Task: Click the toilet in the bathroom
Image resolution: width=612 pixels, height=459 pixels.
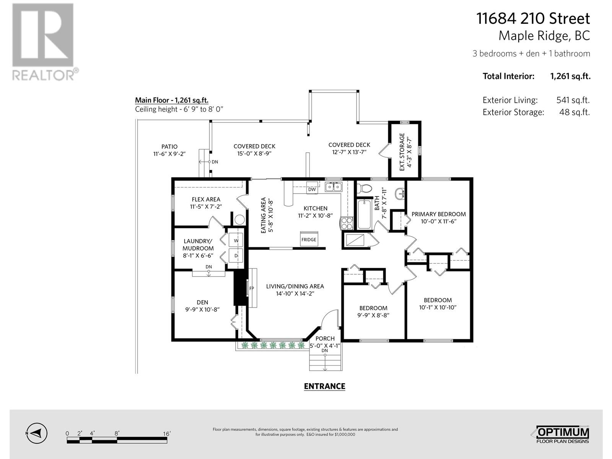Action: (364, 189)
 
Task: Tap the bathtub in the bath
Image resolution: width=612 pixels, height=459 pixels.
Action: (365, 214)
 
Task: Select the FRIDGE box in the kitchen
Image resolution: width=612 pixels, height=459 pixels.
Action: (309, 239)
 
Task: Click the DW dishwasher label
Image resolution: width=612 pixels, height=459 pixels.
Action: (312, 189)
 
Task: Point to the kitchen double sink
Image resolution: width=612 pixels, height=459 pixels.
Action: (334, 186)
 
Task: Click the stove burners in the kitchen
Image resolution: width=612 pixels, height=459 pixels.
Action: (347, 223)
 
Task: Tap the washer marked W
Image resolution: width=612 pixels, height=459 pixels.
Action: (236, 240)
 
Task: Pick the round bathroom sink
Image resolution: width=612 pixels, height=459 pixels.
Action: (400, 193)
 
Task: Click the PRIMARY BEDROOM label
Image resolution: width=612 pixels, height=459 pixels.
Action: (439, 214)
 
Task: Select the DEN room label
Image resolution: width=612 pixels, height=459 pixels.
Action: (202, 302)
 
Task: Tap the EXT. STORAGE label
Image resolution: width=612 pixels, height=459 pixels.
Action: (402, 152)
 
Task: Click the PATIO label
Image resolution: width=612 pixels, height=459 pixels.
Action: (169, 146)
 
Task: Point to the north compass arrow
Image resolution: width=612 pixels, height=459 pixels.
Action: (36, 433)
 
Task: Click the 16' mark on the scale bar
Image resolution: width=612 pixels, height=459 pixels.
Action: (167, 434)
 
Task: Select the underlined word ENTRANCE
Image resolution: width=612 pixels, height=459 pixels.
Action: (324, 386)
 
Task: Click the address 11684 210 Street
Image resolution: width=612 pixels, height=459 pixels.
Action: (533, 18)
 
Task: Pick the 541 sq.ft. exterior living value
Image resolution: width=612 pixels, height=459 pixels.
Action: (573, 100)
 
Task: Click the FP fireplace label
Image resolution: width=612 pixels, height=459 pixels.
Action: (251, 288)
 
